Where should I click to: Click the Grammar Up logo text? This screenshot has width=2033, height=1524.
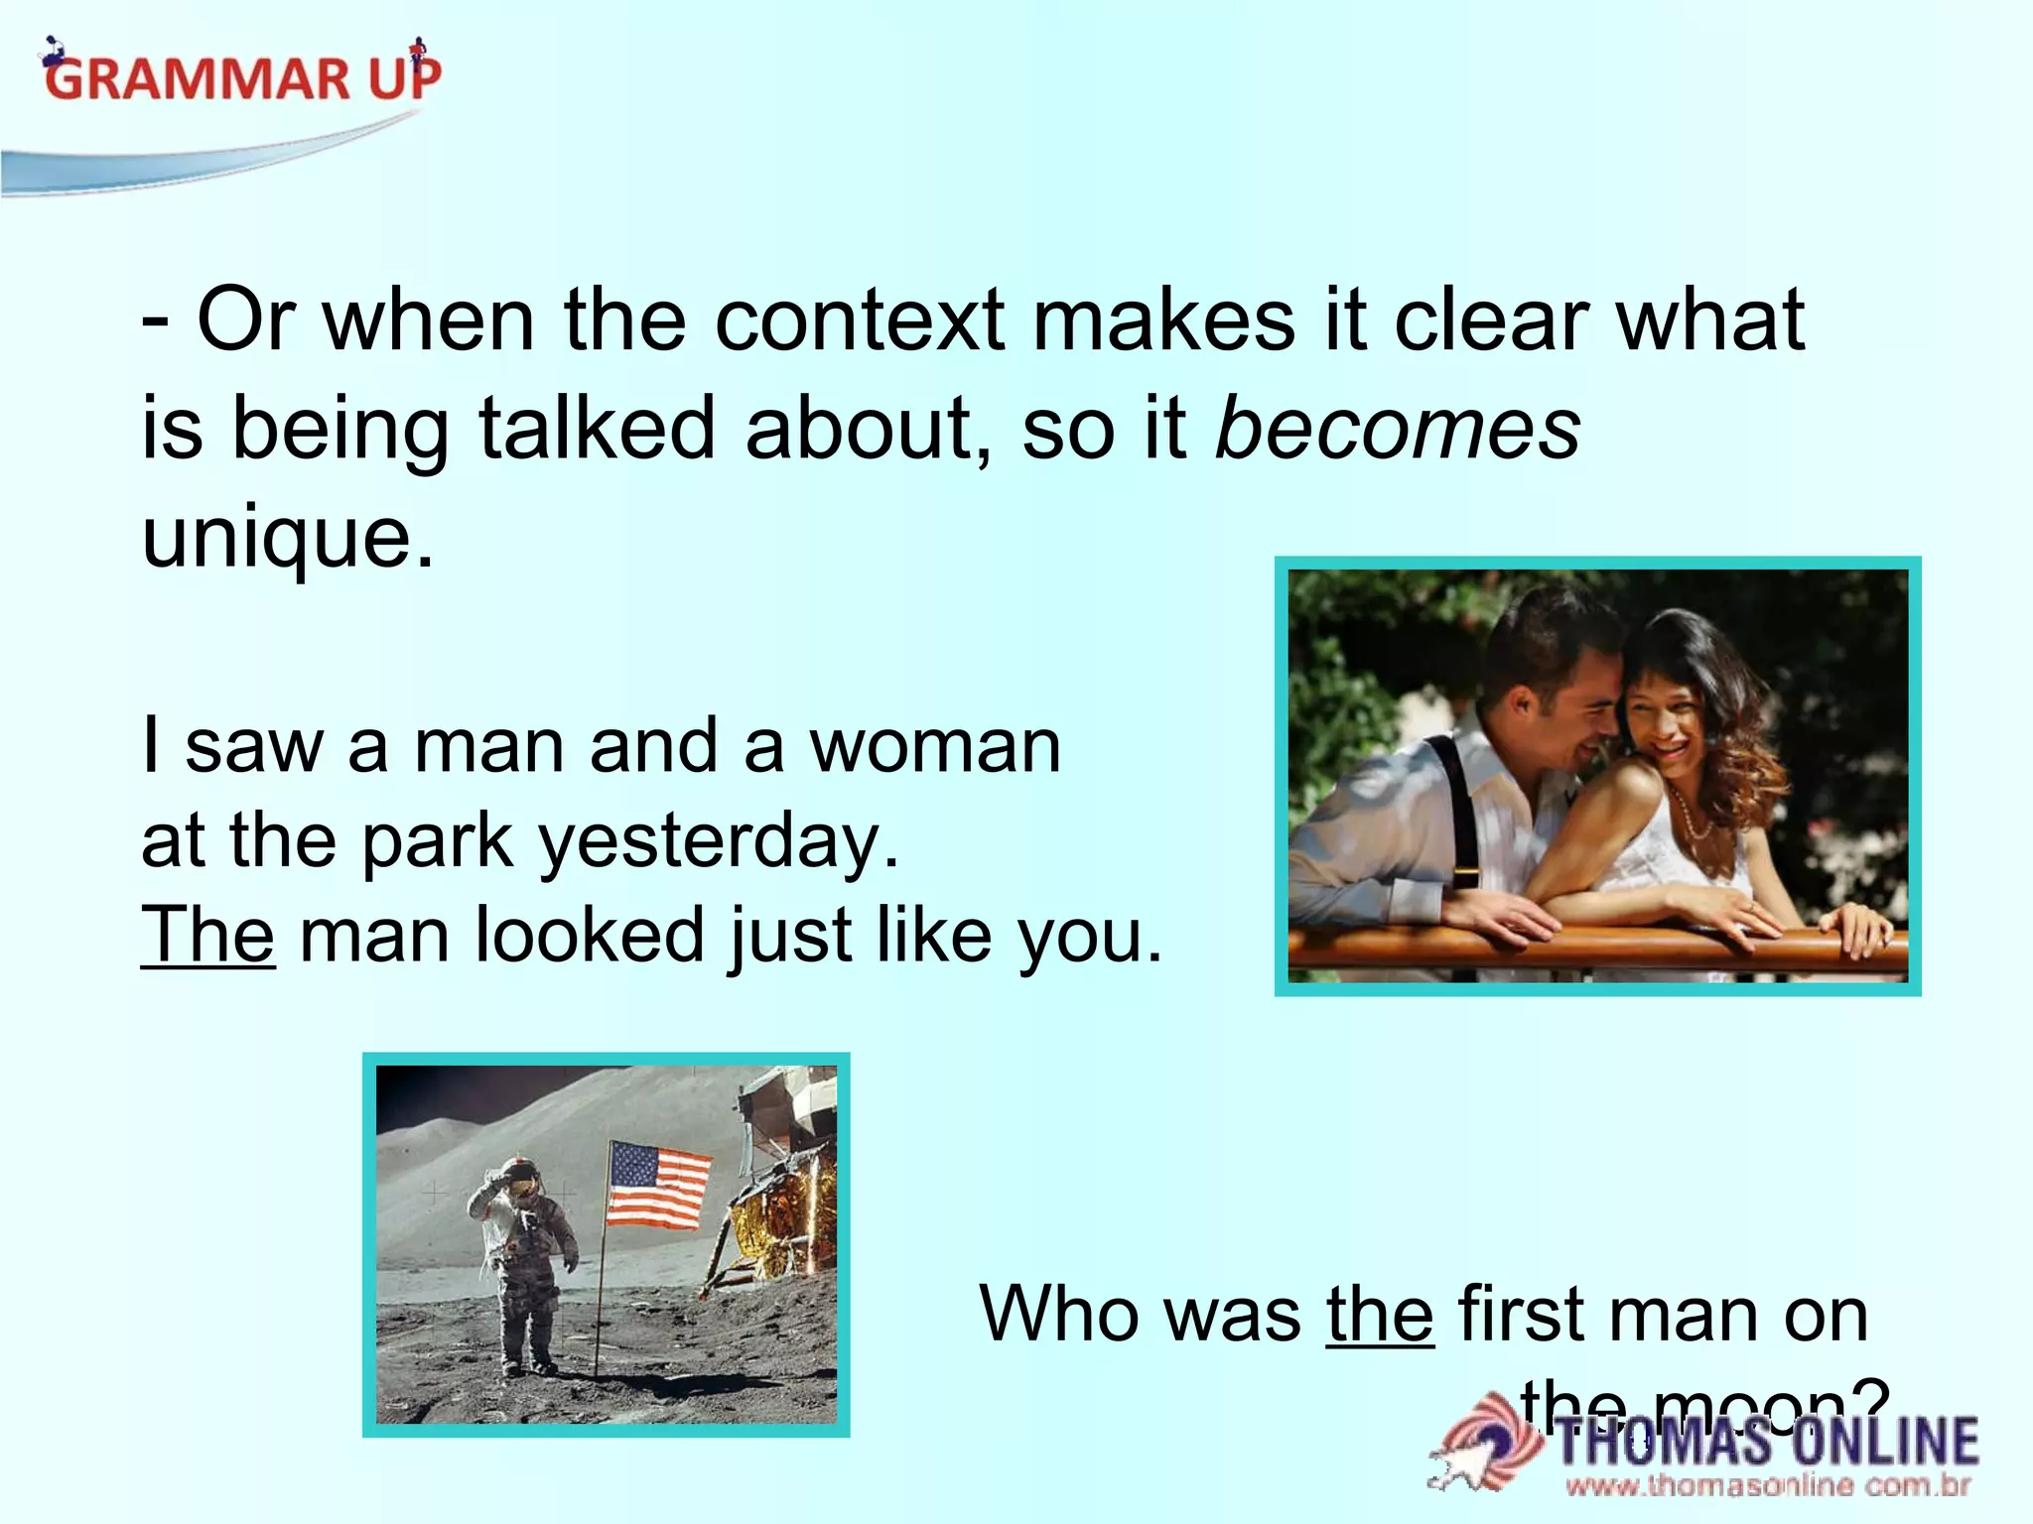[243, 77]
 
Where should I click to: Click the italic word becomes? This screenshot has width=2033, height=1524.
[1398, 429]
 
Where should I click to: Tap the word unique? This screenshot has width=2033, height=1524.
[288, 538]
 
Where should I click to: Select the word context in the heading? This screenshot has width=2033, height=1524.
[860, 319]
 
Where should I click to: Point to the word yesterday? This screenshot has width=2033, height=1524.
[719, 841]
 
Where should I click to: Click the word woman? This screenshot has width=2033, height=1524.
[935, 745]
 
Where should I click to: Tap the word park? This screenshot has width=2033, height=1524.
[437, 841]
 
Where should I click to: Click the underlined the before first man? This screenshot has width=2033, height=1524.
[1380, 1314]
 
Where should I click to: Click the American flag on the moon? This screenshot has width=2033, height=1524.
[658, 1185]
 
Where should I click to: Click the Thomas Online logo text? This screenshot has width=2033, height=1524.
[1767, 1441]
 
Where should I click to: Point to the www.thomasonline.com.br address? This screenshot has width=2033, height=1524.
[1767, 1486]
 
